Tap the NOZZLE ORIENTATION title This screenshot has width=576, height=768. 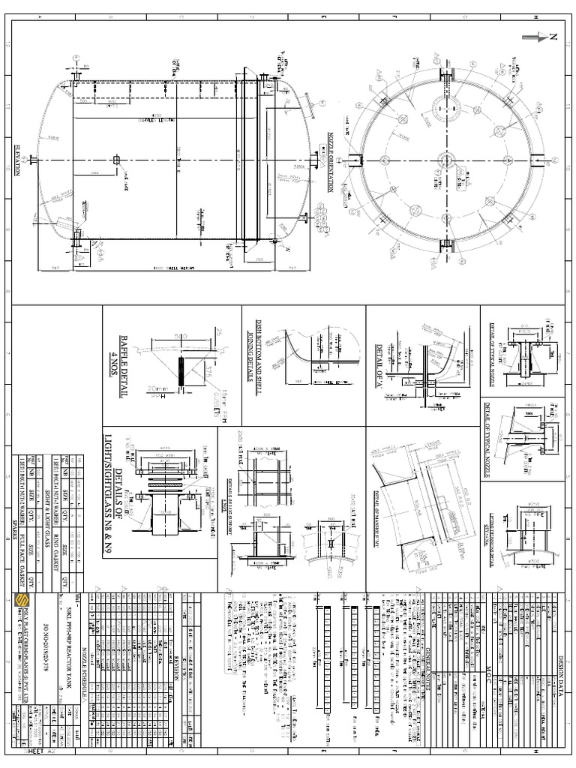pos(328,161)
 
